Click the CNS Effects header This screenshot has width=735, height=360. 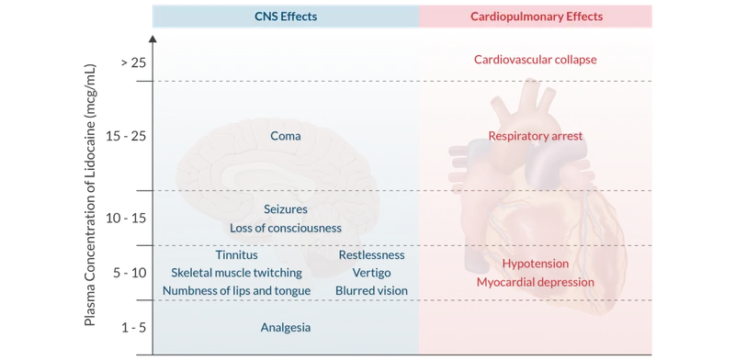(285, 16)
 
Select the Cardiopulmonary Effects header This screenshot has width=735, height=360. (536, 16)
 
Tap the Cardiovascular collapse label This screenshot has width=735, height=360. (536, 60)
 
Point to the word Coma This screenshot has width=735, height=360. (286, 136)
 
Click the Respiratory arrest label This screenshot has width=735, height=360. (536, 136)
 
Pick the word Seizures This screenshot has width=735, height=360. (286, 209)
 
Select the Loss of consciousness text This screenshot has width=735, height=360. (286, 227)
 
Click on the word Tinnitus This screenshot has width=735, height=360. (236, 254)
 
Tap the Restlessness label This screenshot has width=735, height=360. (370, 254)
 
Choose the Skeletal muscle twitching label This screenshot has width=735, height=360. (235, 272)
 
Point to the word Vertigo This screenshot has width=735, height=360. (370, 272)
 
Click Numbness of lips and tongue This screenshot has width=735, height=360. (236, 290)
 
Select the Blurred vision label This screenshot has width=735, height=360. (370, 290)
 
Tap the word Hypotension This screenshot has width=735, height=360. (536, 264)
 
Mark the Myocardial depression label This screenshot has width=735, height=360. (536, 282)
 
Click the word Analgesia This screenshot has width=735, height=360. (286, 328)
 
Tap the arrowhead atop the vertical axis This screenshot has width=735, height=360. (153, 38)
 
